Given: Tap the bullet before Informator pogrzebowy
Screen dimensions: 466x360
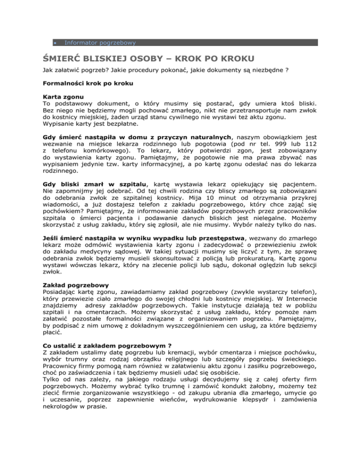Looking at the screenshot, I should pos(55,43).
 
